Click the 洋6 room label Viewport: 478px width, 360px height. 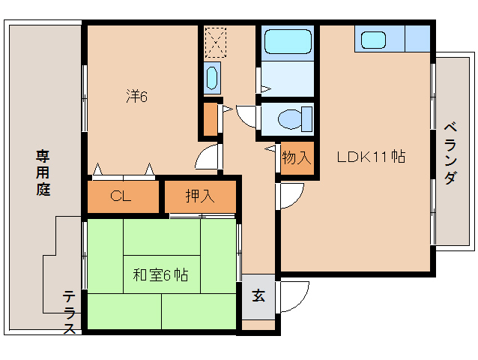[136, 96]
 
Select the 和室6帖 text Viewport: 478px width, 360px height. [160, 275]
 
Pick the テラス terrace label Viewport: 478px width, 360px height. [68, 312]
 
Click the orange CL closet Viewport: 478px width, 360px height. [124, 197]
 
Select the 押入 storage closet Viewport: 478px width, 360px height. [200, 197]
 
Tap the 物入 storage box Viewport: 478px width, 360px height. [296, 158]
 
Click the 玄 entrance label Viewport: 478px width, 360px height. [258, 295]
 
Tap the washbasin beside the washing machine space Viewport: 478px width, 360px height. [212, 77]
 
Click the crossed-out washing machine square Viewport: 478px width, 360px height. [216, 43]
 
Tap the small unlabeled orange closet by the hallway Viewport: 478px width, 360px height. [211, 118]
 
